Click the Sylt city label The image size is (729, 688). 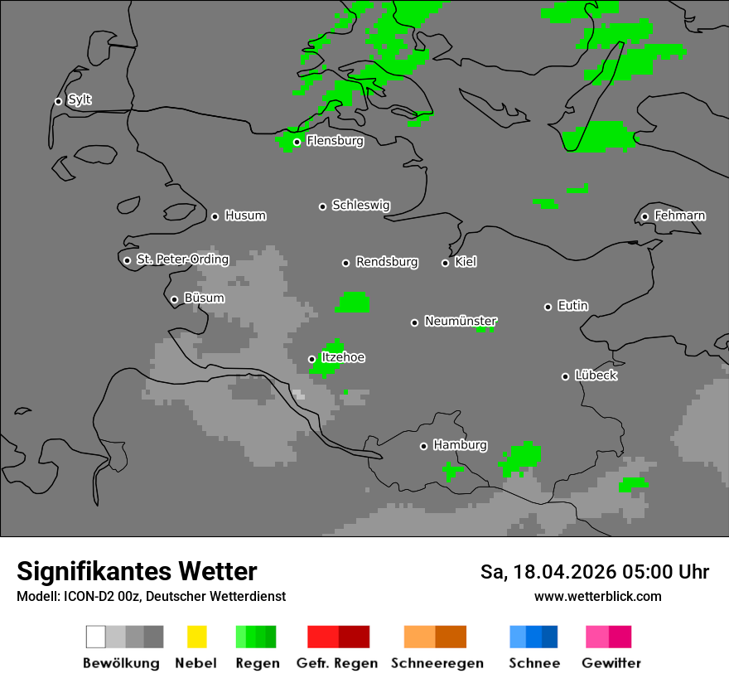(x=80, y=100)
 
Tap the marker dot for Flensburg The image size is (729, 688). (x=297, y=142)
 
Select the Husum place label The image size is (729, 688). (x=245, y=216)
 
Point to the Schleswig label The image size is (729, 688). (x=360, y=205)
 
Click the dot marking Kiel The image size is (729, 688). (x=445, y=263)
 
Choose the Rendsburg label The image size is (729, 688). (x=387, y=262)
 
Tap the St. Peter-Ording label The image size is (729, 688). (x=182, y=259)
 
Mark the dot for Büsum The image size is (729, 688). (x=174, y=299)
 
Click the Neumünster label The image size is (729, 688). (x=461, y=321)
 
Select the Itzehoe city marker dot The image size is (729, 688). (x=311, y=359)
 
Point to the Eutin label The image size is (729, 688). (x=573, y=306)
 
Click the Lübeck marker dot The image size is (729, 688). (x=565, y=376)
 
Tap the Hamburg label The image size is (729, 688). (x=460, y=445)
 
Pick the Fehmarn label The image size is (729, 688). (x=679, y=216)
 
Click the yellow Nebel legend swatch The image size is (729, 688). (x=196, y=637)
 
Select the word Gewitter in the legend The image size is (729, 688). (x=611, y=663)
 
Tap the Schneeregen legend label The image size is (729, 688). (x=437, y=663)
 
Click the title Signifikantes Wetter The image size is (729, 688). (x=137, y=571)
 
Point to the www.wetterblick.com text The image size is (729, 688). (x=597, y=596)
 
